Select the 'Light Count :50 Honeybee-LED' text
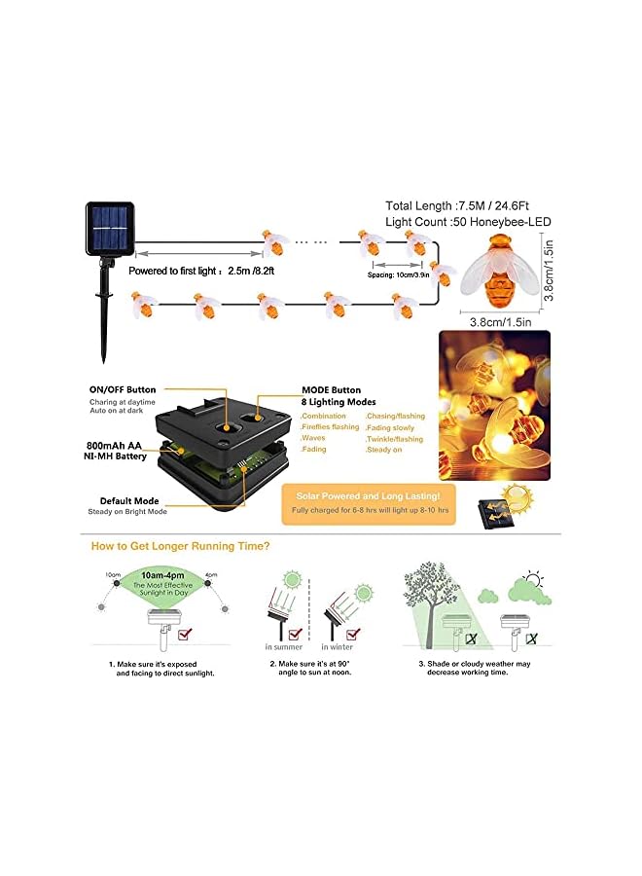click(468, 222)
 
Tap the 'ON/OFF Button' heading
click(122, 390)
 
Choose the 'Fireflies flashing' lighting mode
click(331, 427)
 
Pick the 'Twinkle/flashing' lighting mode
click(395, 439)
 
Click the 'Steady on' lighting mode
click(384, 451)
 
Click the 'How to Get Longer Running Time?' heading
click(181, 546)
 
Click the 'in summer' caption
click(283, 646)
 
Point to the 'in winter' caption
click(337, 646)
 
